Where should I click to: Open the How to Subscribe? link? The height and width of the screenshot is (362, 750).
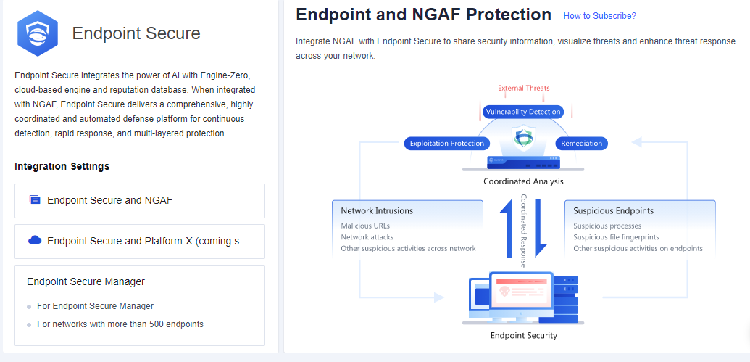599,16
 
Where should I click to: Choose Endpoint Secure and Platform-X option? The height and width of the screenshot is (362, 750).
148,241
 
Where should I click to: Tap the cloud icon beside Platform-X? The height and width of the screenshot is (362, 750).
35,240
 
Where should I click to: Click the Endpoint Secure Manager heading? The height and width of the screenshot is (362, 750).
86,281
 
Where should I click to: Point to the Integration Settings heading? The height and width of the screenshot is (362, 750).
62,166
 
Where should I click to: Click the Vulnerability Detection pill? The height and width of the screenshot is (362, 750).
523,112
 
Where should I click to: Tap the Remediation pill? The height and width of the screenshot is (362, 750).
581,144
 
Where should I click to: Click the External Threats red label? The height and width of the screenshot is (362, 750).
523,89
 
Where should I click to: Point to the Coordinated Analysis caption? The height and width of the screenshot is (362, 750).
523,181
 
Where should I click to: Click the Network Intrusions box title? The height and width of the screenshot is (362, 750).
377,211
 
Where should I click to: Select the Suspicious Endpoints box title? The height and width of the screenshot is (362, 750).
613,211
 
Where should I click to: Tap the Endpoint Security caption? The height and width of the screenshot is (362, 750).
523,335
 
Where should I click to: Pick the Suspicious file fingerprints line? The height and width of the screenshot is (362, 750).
617,237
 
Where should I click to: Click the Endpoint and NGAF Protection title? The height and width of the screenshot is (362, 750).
424,15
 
